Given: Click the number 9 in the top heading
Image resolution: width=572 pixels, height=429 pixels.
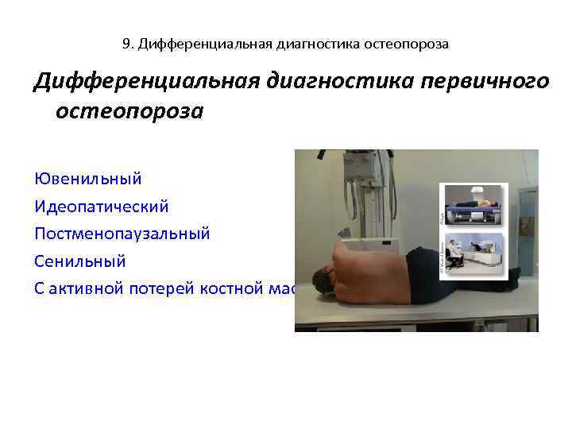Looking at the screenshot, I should coord(127,44).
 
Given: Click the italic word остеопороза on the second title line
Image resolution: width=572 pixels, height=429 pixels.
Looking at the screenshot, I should coord(129,110).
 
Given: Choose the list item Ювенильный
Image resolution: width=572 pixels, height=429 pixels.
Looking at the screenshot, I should coord(88,178).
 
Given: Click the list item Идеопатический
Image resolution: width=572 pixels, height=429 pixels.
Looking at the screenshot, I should coord(102,206).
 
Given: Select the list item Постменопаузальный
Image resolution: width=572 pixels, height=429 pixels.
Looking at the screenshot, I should coord(122,234).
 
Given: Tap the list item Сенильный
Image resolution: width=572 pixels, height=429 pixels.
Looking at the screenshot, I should coord(80,261).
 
